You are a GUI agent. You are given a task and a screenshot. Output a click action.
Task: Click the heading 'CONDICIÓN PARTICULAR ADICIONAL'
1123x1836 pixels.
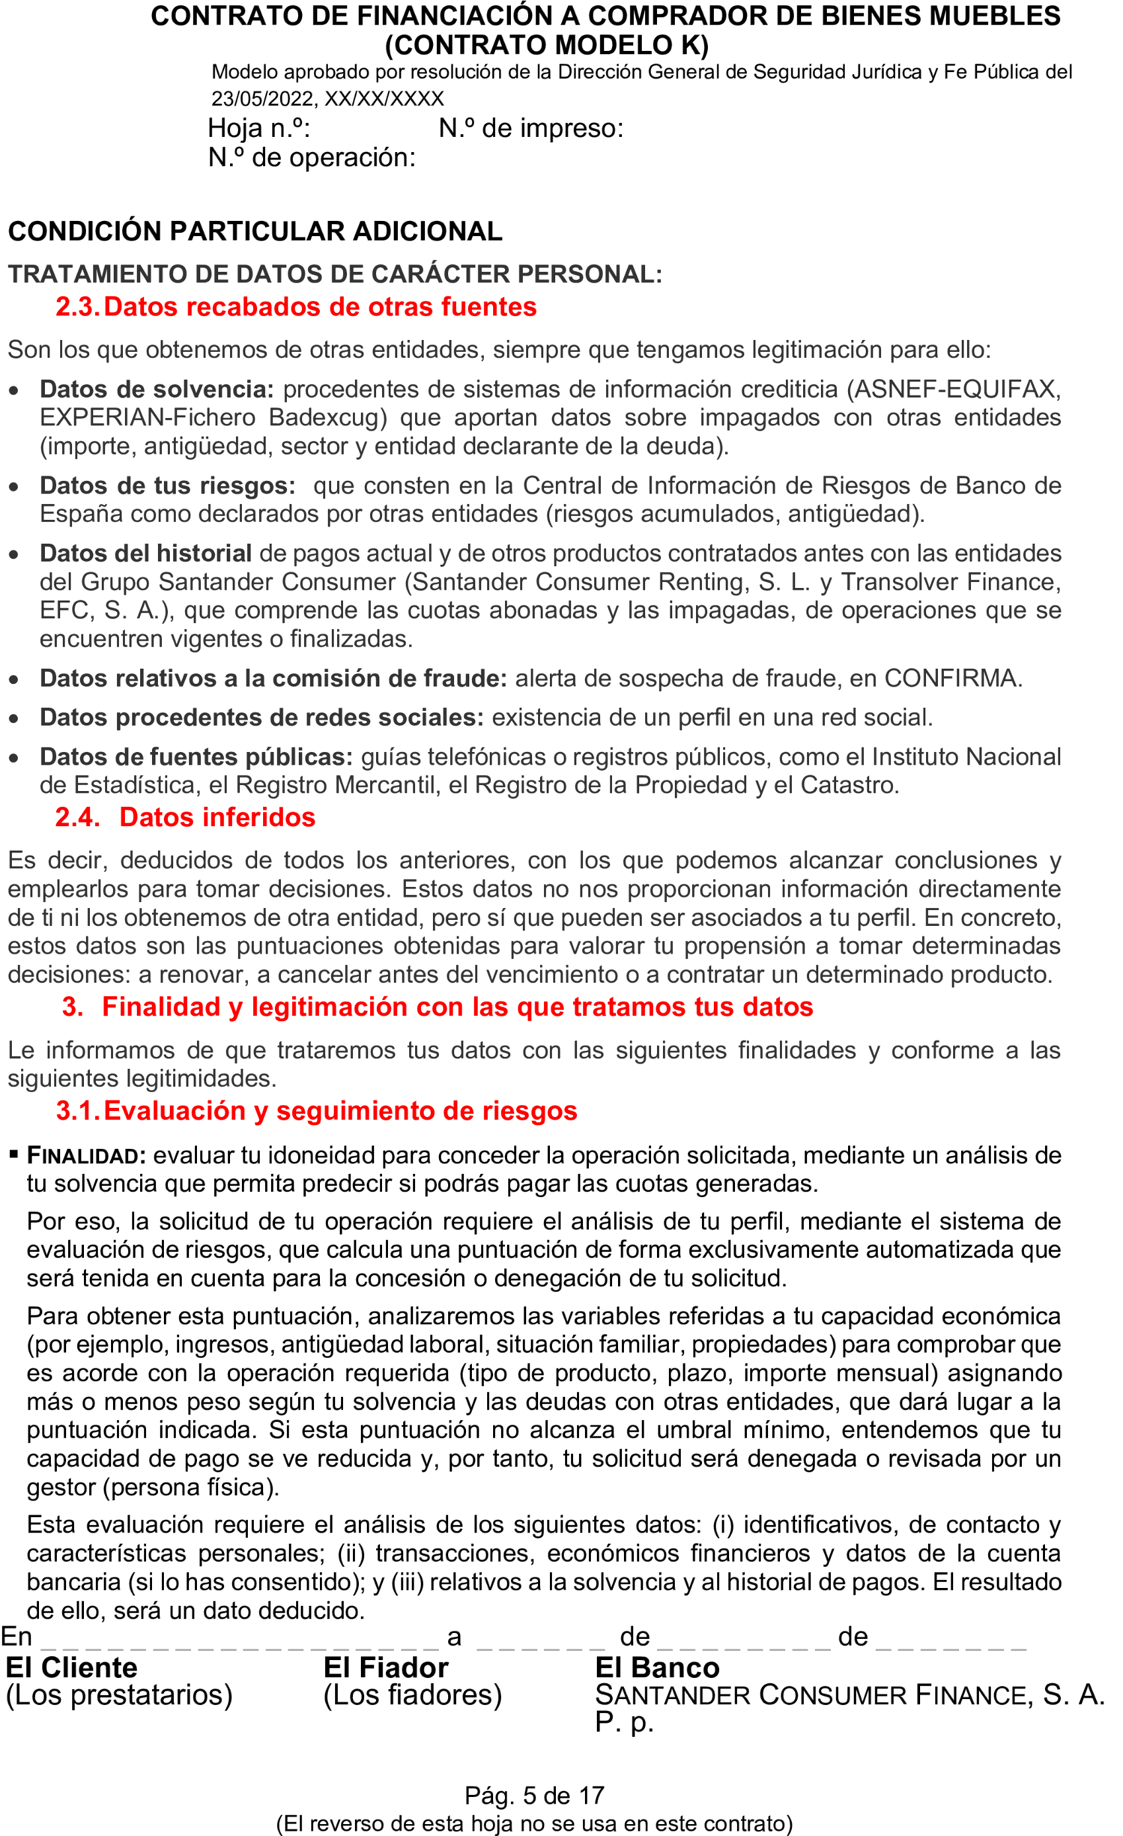254,231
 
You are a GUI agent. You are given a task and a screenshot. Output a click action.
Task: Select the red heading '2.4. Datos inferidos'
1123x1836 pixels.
184,817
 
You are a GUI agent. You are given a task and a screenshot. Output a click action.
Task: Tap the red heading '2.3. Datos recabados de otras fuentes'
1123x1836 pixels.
295,307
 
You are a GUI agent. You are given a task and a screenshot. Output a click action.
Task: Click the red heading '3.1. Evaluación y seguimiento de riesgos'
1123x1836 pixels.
317,1111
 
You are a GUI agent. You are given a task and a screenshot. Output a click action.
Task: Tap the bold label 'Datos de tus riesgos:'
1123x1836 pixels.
167,486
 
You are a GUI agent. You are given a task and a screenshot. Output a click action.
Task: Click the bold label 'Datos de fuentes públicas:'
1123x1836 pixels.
196,757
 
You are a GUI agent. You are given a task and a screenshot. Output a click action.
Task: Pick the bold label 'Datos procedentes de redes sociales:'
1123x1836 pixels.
261,718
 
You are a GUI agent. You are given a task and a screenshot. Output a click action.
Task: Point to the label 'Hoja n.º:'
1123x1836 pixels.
258,129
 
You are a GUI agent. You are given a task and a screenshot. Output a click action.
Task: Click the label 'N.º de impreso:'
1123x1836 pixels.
531,129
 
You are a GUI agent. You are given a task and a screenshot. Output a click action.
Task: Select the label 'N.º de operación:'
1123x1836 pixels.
311,158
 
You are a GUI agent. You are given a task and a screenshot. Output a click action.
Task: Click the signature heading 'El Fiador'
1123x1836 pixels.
386,1667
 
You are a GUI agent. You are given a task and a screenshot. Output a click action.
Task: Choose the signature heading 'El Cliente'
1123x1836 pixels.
71,1667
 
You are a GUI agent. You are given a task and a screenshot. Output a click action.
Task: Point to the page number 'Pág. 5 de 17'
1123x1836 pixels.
534,1796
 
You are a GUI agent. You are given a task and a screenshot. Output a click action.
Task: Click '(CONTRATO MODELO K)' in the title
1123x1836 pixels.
547,46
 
